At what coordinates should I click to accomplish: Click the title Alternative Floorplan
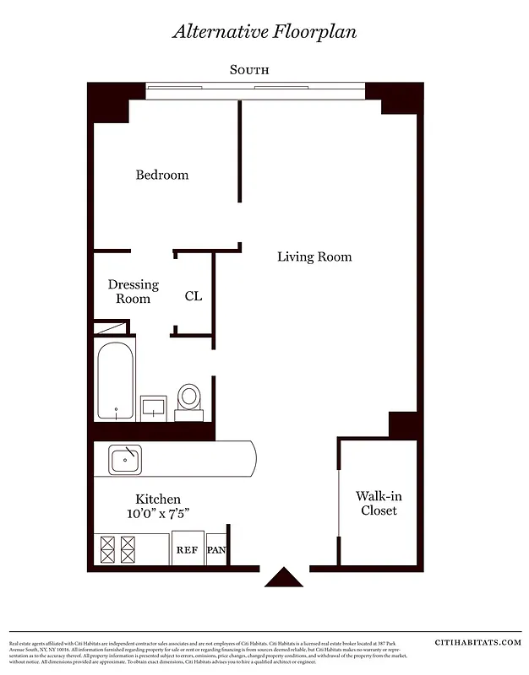coord(264,31)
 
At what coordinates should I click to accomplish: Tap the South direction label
coord(249,70)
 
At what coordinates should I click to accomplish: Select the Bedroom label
coord(162,175)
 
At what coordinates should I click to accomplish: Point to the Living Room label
coord(314,256)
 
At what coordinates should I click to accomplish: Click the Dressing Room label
coord(133,292)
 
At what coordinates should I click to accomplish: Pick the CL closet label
coord(194,296)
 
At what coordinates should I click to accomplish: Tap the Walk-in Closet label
coord(377,504)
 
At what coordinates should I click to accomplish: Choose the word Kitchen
coord(158,499)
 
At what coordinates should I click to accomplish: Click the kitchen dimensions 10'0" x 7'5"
coord(158,514)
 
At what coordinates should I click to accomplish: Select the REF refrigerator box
coord(187,549)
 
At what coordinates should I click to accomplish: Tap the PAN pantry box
coord(216,549)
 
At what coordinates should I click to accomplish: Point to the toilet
coord(189,400)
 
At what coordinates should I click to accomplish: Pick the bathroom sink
coord(153,408)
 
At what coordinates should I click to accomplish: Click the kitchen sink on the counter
coord(125,460)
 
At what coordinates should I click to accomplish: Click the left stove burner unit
coord(107,549)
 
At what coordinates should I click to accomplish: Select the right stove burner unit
coord(128,549)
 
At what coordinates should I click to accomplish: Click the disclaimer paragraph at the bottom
coord(207,652)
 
